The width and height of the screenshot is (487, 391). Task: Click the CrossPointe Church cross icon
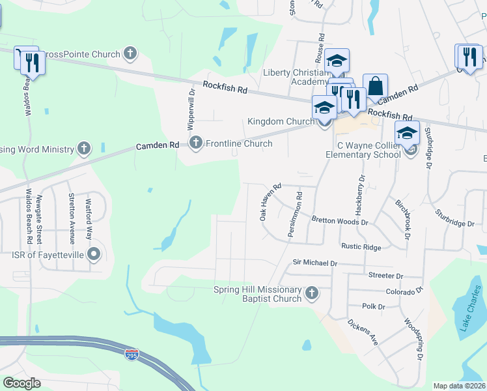(130, 54)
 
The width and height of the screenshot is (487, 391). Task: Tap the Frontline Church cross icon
(196, 143)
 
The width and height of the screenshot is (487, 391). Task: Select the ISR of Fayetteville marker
(94, 254)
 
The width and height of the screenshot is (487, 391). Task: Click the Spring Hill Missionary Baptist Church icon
(311, 294)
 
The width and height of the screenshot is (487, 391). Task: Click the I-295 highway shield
(132, 354)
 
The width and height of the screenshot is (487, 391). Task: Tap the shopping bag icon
(375, 85)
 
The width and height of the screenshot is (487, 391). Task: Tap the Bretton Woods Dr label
(340, 221)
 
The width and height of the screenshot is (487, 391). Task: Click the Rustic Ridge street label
(361, 247)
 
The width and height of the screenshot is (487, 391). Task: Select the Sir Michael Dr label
(314, 263)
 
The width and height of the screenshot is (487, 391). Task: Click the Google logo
(21, 383)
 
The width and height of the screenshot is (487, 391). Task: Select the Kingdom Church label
(281, 122)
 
